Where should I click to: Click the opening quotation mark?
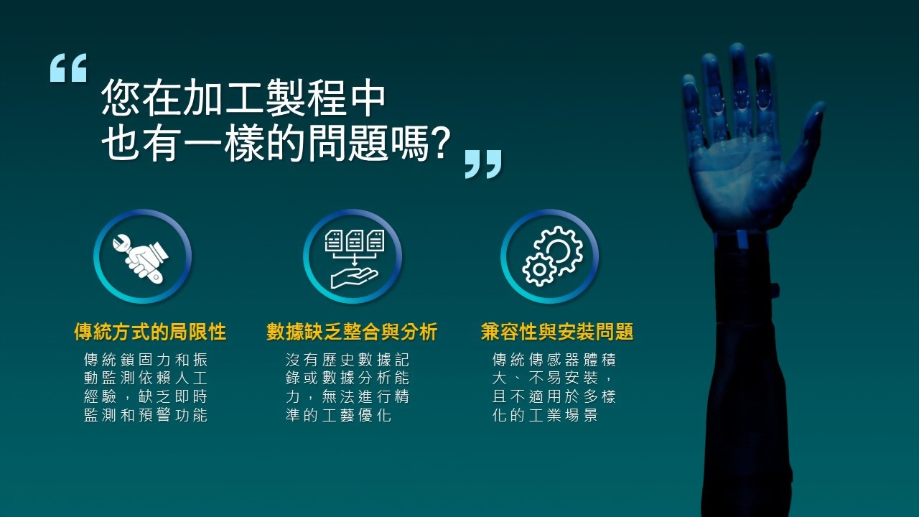[68, 67]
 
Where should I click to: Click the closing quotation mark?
[483, 164]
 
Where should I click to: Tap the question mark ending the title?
[440, 142]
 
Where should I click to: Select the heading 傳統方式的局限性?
[150, 332]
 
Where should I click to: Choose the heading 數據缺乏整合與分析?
[352, 332]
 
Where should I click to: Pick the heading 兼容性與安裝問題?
[556, 332]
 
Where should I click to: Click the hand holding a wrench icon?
[141, 258]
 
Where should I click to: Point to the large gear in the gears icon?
[559, 249]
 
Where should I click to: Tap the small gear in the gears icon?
[539, 269]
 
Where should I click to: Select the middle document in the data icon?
[355, 241]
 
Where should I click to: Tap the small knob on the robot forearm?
[775, 289]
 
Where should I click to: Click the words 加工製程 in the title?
[224, 98]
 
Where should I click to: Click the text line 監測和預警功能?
[146, 415]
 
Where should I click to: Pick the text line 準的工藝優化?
[338, 415]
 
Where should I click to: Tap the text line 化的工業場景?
[545, 415]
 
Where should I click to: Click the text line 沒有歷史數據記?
[347, 360]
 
